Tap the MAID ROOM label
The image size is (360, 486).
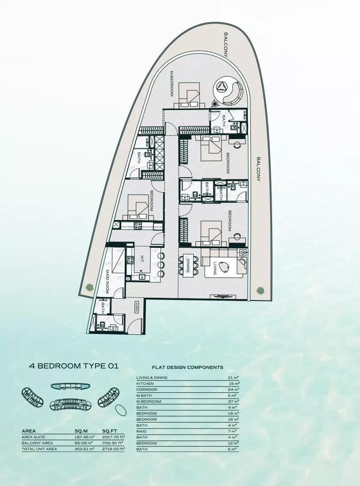pos(107,281)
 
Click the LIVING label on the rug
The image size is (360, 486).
pos(215,268)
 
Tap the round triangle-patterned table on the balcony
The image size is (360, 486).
pos(223,88)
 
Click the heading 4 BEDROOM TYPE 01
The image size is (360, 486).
pos(74,366)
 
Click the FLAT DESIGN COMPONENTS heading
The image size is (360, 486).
pos(188,367)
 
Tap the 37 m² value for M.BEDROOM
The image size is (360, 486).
pos(234,402)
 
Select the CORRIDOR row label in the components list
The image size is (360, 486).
pos(146,390)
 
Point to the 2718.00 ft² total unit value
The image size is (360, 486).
pos(113,449)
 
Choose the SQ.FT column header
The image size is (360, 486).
pos(109,431)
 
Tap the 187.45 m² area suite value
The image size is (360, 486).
pos(84,437)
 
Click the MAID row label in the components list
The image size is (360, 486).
pos(141,431)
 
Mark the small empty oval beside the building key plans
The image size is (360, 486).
pos(121,409)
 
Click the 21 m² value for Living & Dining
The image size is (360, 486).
pos(234,378)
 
